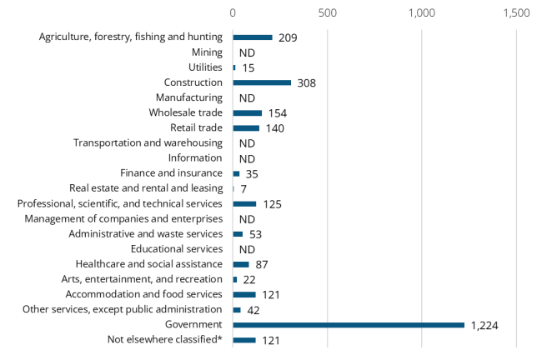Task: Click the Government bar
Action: pyautogui.click(x=349, y=324)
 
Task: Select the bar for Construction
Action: pyautogui.click(x=262, y=82)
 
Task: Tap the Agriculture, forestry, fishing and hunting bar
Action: pyautogui.click(x=253, y=37)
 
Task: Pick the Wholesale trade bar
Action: pyautogui.click(x=247, y=112)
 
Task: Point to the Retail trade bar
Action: pyautogui.click(x=246, y=127)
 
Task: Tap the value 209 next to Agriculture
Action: pyautogui.click(x=288, y=37)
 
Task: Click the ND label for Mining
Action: pyautogui.click(x=247, y=52)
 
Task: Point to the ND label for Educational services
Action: pyautogui.click(x=247, y=249)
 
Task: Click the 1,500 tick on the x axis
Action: pyautogui.click(x=516, y=13)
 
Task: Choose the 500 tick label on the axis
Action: pyautogui.click(x=328, y=13)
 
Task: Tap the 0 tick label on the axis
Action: pyautogui.click(x=233, y=13)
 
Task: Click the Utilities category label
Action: pyautogui.click(x=204, y=67)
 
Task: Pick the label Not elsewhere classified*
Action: pyautogui.click(x=165, y=339)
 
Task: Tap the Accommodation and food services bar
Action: pyautogui.click(x=244, y=294)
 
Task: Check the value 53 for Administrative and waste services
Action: pyautogui.click(x=256, y=234)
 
